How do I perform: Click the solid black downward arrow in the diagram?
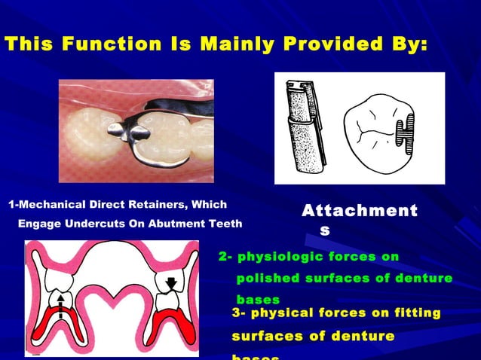[171, 283]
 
